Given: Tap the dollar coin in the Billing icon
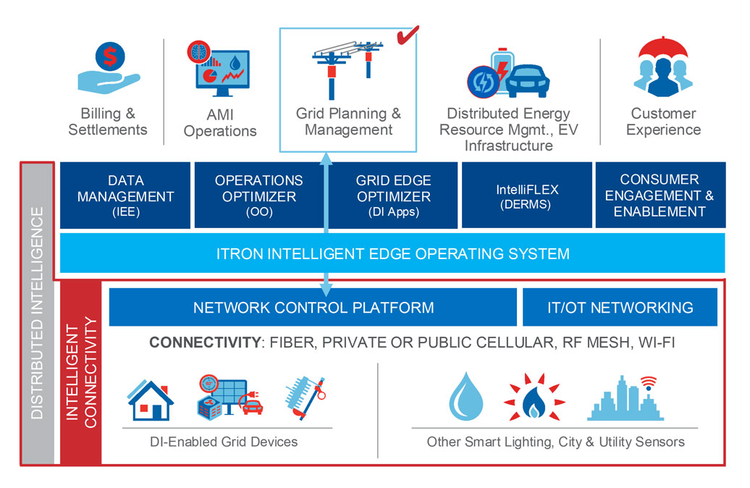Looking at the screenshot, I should tap(113, 55).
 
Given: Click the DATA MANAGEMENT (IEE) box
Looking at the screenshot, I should tap(125, 195).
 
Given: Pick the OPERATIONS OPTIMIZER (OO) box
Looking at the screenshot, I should tap(258, 195).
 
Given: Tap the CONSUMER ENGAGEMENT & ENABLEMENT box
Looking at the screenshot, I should tap(659, 195).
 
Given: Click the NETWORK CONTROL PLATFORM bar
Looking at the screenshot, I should tap(313, 307).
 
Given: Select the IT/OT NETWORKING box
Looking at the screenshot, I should tap(620, 307).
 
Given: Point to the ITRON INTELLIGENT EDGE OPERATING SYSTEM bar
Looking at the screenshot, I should tap(392, 253).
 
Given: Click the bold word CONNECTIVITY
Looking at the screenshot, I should tap(204, 342).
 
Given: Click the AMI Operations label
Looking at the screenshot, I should tap(219, 123).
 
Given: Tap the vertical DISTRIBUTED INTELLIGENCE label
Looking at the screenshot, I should tap(37, 312).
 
